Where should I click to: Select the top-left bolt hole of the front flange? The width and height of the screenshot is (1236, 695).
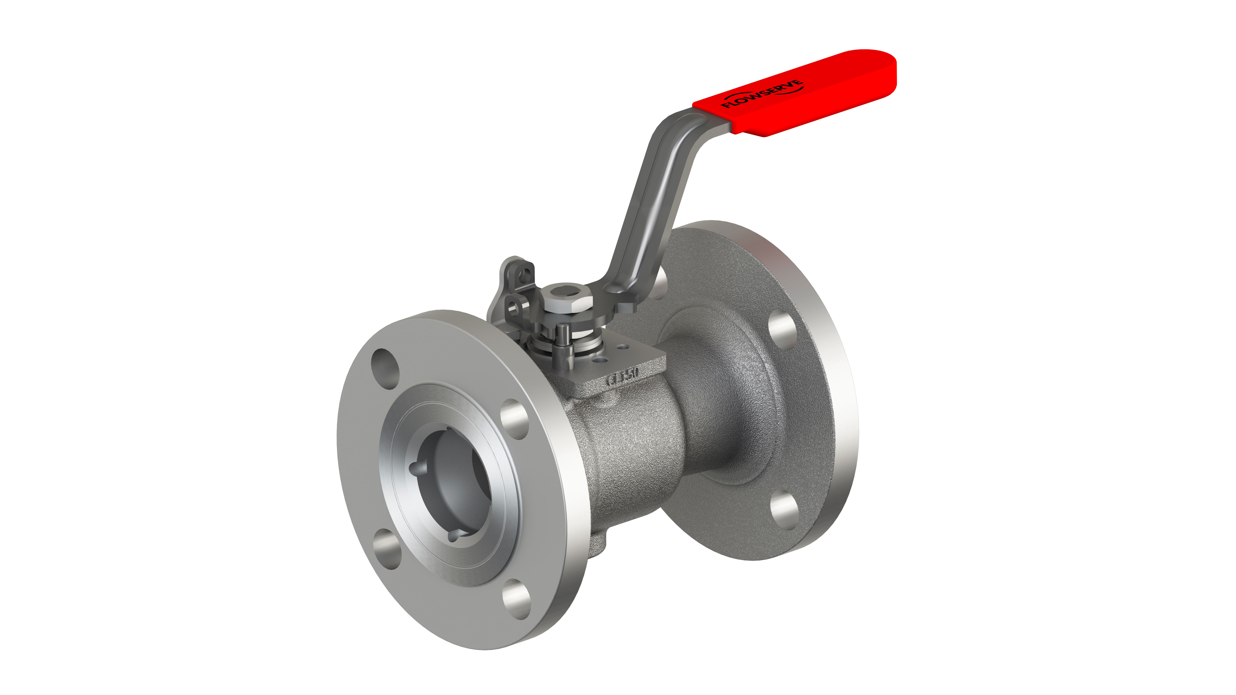point(385,368)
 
